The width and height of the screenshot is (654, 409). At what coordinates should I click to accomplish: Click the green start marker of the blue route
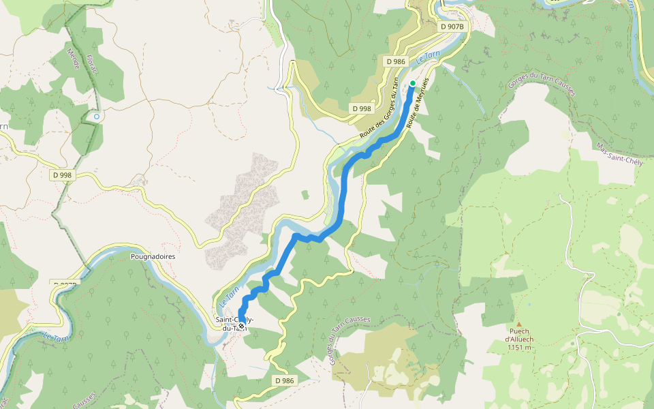pos(413,83)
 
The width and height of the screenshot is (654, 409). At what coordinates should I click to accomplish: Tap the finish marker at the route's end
pos(240,326)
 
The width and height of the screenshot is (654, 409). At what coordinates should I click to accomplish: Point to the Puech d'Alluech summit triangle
pos(518,324)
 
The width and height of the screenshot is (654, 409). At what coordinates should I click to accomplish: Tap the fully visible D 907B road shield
pos(452,27)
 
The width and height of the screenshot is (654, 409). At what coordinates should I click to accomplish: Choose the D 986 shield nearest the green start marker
pos(396,61)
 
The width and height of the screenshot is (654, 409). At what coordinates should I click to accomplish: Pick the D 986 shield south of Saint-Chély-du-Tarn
pos(285,380)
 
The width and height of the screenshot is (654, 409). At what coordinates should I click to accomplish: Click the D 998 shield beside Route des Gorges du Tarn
pos(362,108)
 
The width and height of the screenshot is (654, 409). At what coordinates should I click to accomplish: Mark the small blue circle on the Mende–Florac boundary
pos(97,117)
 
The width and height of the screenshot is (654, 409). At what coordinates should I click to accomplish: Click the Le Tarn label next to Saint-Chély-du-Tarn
pos(229,297)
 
